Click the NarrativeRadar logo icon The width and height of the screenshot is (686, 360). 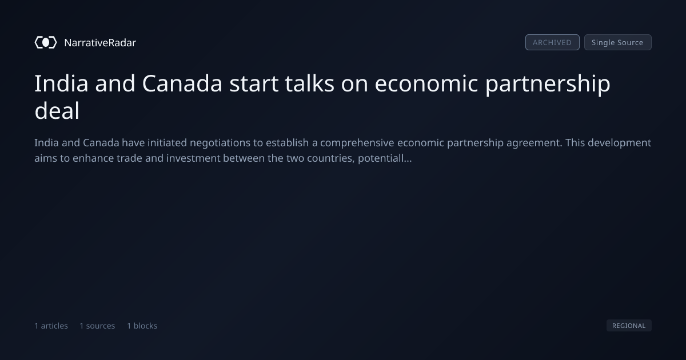[46, 42]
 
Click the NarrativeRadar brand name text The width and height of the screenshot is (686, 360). [100, 42]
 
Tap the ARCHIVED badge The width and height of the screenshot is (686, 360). [552, 42]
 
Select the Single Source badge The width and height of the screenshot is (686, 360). [618, 42]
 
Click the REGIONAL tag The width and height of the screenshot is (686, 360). [629, 325]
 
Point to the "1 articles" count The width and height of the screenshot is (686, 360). [51, 326]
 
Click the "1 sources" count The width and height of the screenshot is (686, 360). [97, 326]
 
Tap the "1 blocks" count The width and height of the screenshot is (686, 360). [142, 326]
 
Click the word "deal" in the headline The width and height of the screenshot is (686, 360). [57, 111]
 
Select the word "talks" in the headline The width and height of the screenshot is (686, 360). [310, 83]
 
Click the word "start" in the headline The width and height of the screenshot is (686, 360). [254, 83]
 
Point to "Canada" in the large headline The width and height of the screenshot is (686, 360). [182, 83]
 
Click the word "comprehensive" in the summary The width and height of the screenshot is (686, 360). [357, 143]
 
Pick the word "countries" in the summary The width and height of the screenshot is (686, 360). [331, 158]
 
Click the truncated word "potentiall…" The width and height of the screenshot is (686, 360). [385, 158]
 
